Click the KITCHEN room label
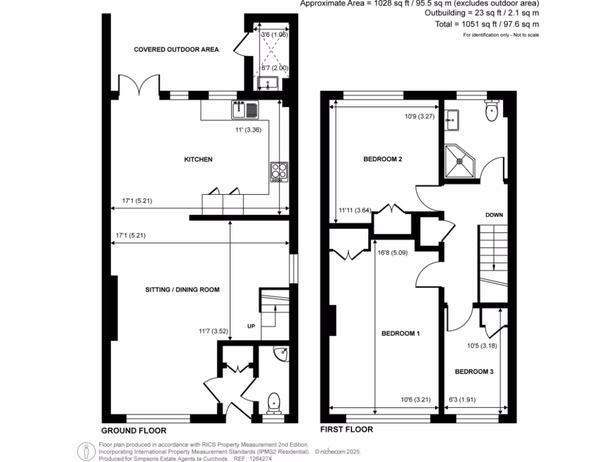(198, 159)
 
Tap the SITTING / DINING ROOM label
(182, 289)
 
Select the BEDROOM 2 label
(383, 159)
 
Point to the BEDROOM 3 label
(473, 372)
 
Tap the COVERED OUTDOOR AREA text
(176, 49)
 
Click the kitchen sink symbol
(244, 109)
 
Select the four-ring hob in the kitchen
(280, 171)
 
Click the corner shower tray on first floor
(460, 160)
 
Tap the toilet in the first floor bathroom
(492, 110)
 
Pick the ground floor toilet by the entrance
(274, 401)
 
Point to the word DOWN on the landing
(494, 215)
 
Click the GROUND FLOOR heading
(133, 431)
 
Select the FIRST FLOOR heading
(346, 430)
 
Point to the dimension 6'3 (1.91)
(462, 398)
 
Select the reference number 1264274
(260, 458)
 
